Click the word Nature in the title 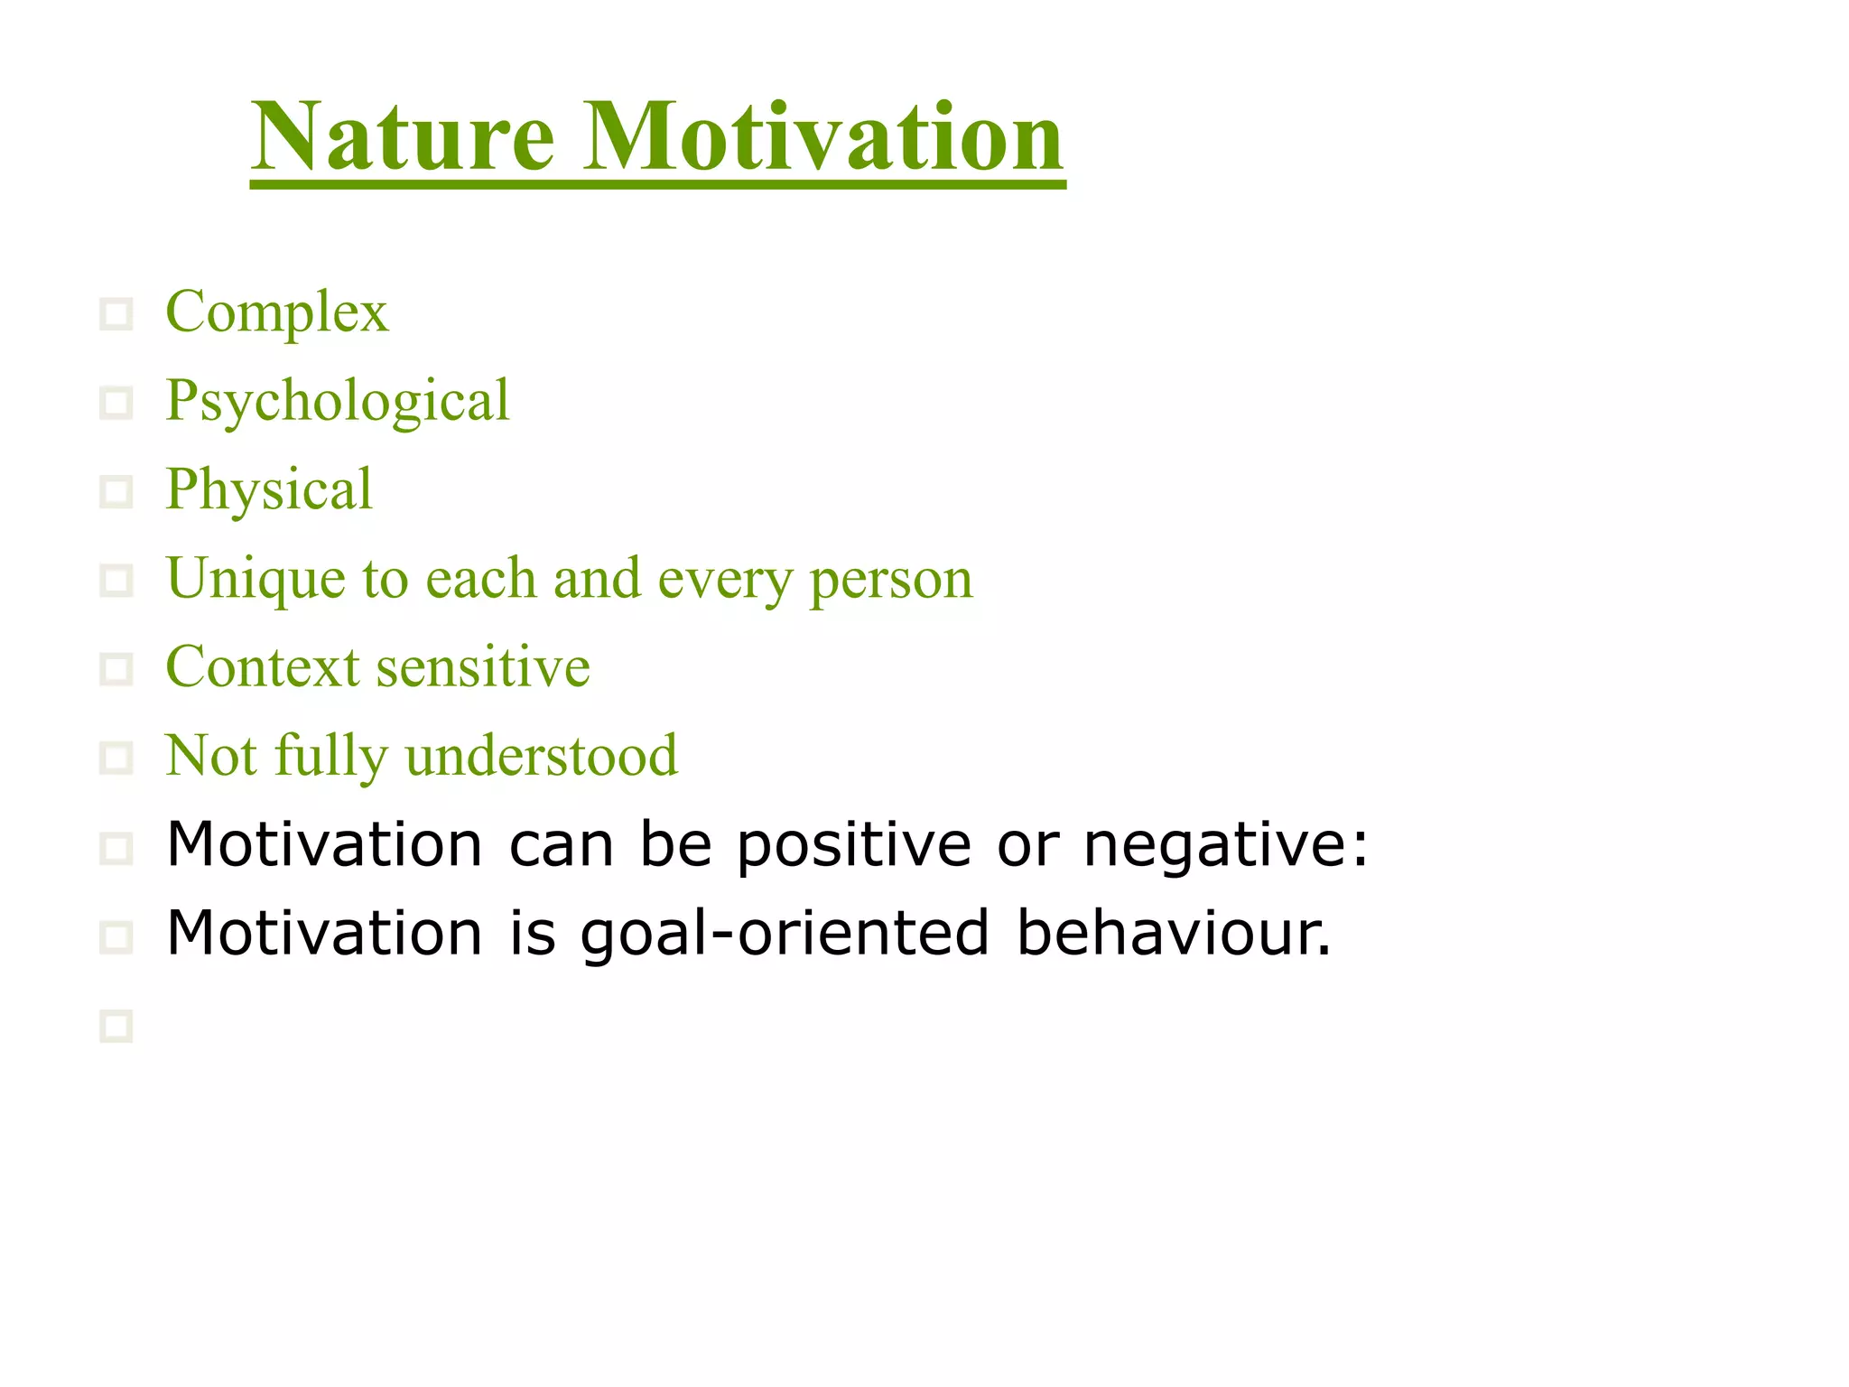[x=403, y=137]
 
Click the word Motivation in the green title [x=823, y=137]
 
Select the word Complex [x=277, y=312]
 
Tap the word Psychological [x=338, y=401]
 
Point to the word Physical [x=269, y=489]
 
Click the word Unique [x=256, y=579]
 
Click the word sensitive [x=483, y=667]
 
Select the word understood [x=542, y=756]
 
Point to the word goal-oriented [x=785, y=935]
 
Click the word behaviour [x=1173, y=933]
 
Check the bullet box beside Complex [x=116, y=314]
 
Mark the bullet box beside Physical [x=116, y=492]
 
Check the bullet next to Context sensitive [x=116, y=669]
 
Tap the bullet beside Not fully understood [x=116, y=758]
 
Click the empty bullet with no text [x=116, y=1026]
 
